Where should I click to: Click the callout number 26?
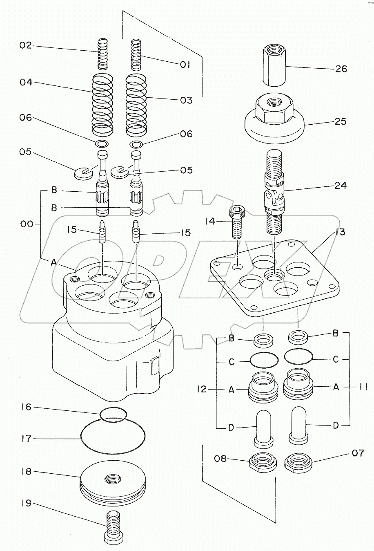point(341,69)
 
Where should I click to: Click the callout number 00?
point(26,224)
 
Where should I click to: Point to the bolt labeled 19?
point(112,538)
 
